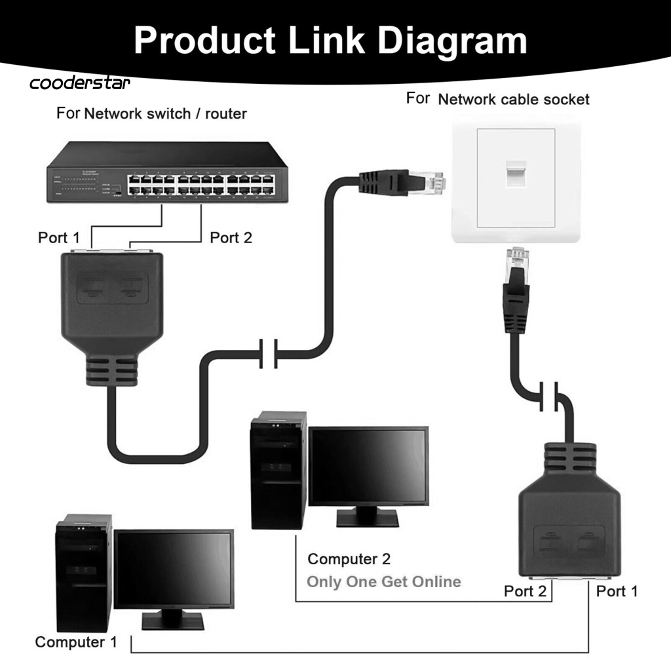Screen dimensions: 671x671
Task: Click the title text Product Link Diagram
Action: (x=330, y=41)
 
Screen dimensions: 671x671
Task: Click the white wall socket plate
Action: (x=515, y=178)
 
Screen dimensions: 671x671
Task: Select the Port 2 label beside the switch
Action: (x=231, y=237)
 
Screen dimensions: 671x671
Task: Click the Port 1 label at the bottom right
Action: (x=617, y=591)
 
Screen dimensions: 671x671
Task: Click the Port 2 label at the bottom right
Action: (x=525, y=591)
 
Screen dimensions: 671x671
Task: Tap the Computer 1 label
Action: (x=76, y=642)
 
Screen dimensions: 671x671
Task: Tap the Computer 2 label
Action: (x=349, y=559)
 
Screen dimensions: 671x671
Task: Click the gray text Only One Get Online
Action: (x=383, y=581)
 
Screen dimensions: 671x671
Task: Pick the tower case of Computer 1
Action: (x=83, y=573)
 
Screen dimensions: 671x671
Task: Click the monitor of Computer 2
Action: (x=368, y=467)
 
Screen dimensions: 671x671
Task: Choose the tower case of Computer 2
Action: (x=278, y=470)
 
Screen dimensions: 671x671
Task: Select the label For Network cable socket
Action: (x=498, y=99)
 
